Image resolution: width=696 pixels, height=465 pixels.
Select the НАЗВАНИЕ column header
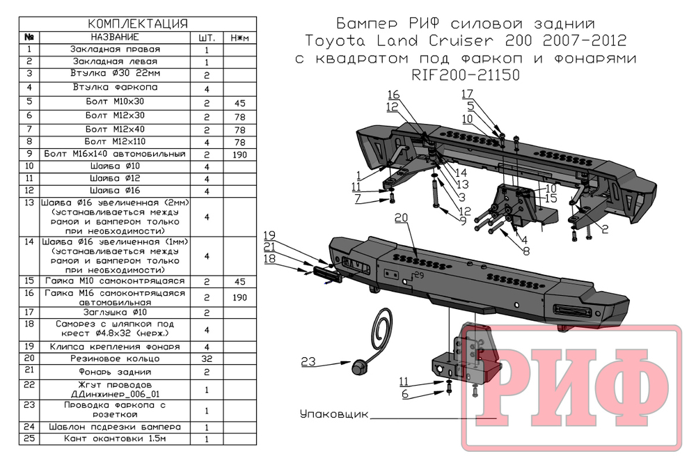115,37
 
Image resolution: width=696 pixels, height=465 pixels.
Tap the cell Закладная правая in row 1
115,49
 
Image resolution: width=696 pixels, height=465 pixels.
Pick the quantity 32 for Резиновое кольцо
207,359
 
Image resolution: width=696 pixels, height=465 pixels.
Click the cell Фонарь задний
115,372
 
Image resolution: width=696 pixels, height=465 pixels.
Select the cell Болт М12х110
115,141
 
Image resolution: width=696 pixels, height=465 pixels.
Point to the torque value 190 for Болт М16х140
239,154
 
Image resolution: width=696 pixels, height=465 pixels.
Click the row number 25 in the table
29,439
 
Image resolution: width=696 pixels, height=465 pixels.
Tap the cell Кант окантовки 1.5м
115,439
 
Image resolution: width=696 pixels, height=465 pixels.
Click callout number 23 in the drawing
308,361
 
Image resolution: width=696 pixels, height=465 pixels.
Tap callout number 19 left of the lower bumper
270,235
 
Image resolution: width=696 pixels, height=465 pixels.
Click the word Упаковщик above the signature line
333,414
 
